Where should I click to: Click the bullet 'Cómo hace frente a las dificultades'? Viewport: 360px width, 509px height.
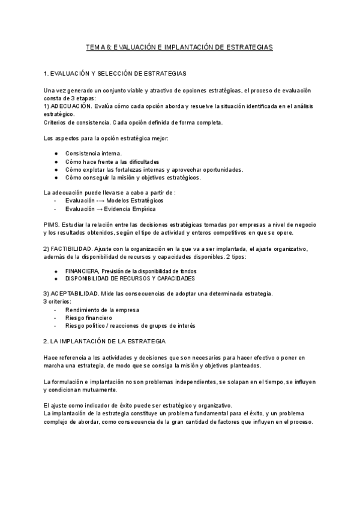pyautogui.click(x=112, y=161)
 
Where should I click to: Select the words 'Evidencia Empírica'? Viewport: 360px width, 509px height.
pyautogui.click(x=130, y=209)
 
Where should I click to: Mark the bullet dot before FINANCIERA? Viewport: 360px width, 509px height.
pyautogui.click(x=56, y=271)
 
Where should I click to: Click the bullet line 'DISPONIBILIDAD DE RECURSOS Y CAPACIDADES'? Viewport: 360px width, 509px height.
pyautogui.click(x=130, y=279)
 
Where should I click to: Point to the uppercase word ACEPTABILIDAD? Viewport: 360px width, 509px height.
pyautogui.click(x=76, y=294)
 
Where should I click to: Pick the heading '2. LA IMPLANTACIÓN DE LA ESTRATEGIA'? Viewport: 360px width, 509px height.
pyautogui.click(x=105, y=341)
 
